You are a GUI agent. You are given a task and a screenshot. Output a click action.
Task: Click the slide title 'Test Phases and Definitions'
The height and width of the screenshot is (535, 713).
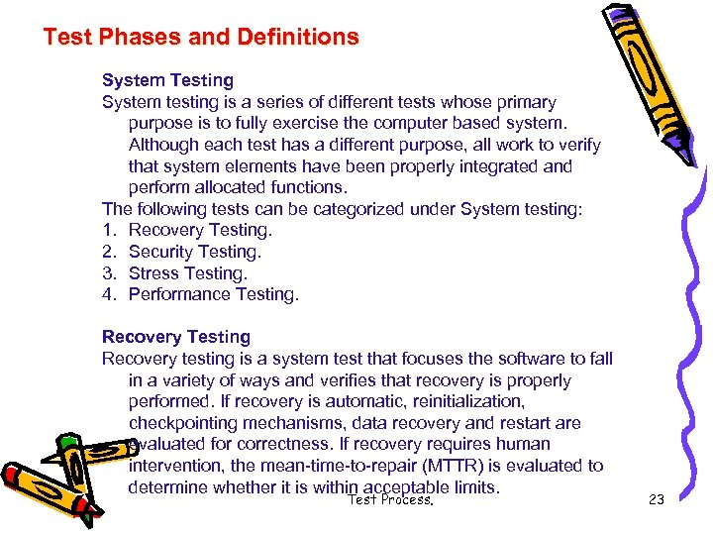[x=201, y=38]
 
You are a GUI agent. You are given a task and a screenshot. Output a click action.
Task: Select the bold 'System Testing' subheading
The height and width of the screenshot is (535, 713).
[x=167, y=80]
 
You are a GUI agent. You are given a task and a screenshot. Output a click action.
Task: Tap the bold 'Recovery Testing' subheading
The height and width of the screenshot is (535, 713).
[x=176, y=337]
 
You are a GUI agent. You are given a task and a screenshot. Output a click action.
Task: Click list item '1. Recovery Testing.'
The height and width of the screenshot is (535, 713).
[x=187, y=230]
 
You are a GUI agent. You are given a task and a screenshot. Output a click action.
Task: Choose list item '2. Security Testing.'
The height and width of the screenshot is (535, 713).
[x=186, y=252]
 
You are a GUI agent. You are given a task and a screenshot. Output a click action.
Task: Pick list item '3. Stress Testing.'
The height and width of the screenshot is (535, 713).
[x=175, y=273]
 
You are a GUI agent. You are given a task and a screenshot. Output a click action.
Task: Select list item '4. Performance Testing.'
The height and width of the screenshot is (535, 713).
[x=200, y=294]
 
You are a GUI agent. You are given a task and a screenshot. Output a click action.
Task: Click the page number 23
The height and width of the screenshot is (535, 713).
[x=656, y=500]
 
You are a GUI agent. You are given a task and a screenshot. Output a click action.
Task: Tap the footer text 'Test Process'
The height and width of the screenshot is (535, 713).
[x=390, y=500]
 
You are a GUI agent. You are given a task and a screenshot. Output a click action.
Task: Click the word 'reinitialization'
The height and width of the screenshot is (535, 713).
[x=463, y=401]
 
